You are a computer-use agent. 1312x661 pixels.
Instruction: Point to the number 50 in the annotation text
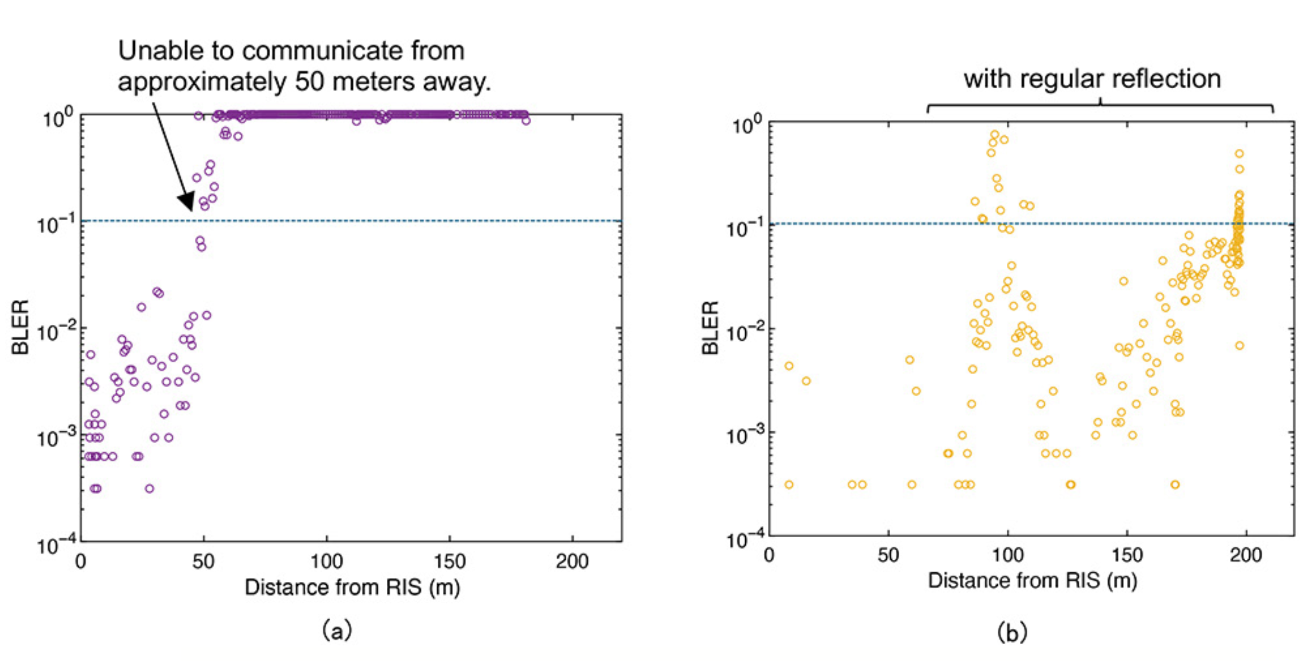point(310,82)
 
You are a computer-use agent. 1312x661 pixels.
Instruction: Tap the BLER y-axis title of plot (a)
point(20,327)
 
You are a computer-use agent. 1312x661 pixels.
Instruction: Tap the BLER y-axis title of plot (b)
point(710,327)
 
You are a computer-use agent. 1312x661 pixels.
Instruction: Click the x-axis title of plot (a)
point(352,587)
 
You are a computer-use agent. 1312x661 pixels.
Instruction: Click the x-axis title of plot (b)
point(1032,580)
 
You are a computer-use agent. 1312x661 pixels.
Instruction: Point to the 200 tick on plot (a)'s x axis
point(572,561)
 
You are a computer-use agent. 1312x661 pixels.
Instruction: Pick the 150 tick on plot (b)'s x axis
point(1127,555)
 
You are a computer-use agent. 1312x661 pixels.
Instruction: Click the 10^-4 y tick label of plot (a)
point(57,544)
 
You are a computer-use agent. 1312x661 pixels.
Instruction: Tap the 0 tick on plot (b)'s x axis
point(770,555)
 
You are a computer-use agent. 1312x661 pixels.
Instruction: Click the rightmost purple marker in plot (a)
point(525,121)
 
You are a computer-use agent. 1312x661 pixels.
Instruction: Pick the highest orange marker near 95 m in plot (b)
point(995,134)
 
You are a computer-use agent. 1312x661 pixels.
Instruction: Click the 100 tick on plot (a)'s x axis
point(326,561)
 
